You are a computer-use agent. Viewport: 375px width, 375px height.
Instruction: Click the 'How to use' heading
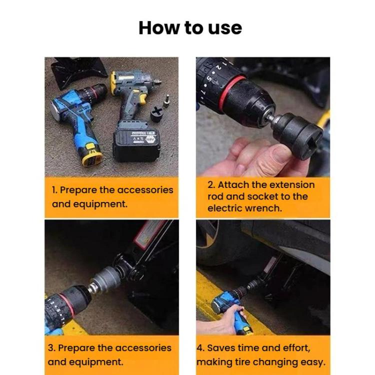pyautogui.click(x=190, y=28)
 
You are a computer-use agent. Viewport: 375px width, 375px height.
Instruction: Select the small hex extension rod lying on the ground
pyautogui.click(x=167, y=100)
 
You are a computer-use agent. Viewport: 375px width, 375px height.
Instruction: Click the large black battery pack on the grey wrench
pyautogui.click(x=135, y=144)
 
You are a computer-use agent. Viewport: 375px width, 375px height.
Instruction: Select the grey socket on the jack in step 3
pyautogui.click(x=104, y=278)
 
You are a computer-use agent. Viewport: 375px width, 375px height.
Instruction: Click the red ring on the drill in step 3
pyautogui.click(x=68, y=305)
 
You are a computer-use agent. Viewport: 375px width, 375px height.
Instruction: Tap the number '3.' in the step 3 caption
pyautogui.click(x=51, y=347)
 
